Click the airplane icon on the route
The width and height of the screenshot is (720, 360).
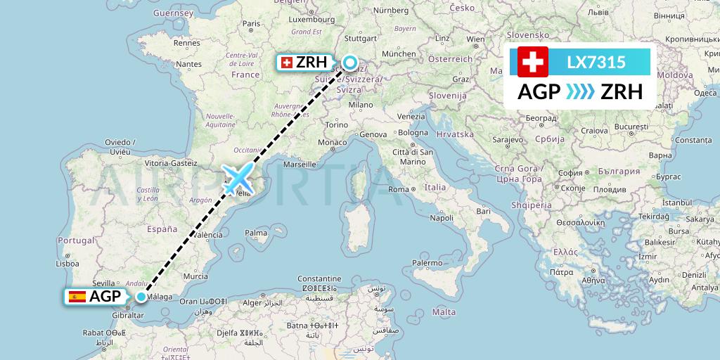coord(236,178)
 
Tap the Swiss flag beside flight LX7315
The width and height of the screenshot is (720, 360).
coord(532,62)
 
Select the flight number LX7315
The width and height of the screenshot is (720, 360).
coord(596,63)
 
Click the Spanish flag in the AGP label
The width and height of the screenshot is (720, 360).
coord(77,297)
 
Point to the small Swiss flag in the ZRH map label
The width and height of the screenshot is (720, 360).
coord(286,63)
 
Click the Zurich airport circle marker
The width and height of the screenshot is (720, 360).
coord(350,64)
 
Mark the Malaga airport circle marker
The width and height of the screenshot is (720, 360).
coord(141,297)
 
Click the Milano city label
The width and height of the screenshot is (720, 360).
coord(361,104)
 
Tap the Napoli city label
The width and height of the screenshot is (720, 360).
coord(441,217)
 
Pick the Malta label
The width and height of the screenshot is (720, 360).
coord(444,311)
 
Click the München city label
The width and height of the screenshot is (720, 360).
coord(398,53)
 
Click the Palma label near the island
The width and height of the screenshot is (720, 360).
coord(256,233)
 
